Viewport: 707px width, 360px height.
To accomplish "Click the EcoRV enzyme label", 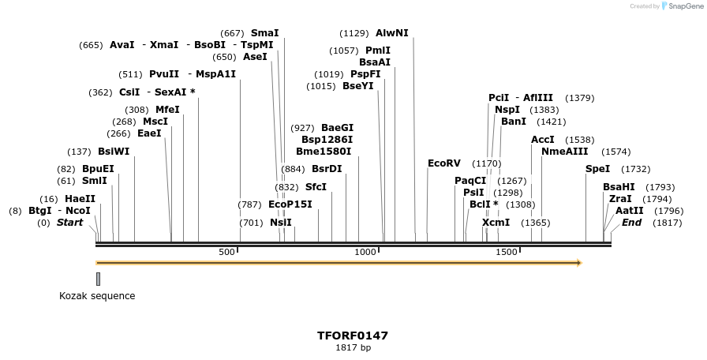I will point(443,163).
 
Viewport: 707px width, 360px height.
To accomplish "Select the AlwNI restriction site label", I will point(392,33).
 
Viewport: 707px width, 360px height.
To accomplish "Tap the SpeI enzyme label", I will point(597,169).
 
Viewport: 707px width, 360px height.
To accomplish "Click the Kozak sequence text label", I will point(97,296).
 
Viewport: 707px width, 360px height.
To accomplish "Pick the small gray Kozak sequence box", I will point(98,279).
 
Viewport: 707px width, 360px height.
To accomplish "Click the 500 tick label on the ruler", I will point(227,252).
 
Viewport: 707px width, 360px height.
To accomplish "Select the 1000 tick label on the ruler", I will point(365,252).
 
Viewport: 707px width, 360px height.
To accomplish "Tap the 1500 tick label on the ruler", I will point(506,252).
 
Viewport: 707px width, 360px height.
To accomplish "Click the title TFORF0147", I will point(353,336).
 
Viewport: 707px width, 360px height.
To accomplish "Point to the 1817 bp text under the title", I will point(353,347).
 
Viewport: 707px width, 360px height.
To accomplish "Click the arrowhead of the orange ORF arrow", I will point(578,263).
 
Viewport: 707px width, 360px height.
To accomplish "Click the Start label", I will point(69,223).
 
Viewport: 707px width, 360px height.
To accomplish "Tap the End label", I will point(631,223).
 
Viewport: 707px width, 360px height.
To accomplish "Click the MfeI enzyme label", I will point(167,110).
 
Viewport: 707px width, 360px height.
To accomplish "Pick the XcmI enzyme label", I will point(496,223).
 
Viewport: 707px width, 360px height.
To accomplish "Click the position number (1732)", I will point(636,169).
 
